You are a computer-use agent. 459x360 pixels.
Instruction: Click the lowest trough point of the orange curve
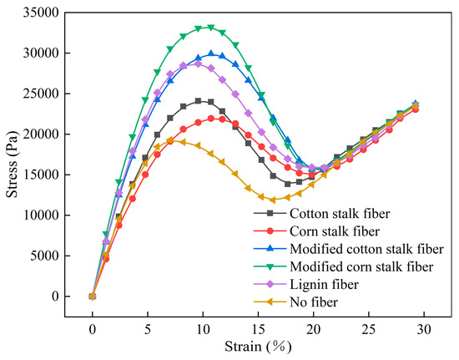273,200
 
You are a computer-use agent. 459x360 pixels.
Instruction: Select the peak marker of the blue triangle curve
211,53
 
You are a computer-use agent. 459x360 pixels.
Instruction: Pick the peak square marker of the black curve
199,101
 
